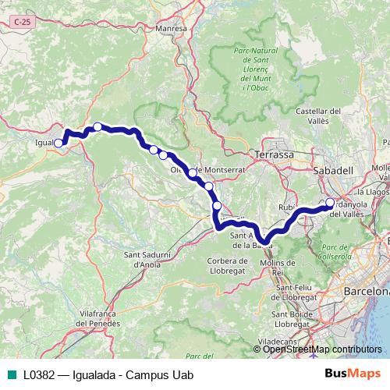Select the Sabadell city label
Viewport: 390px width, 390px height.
[333, 169]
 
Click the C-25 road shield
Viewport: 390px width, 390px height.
[23, 26]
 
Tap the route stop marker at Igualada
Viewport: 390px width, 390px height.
[58, 143]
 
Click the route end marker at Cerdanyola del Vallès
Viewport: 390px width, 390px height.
[329, 204]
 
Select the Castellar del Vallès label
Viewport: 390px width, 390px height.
[320, 116]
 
